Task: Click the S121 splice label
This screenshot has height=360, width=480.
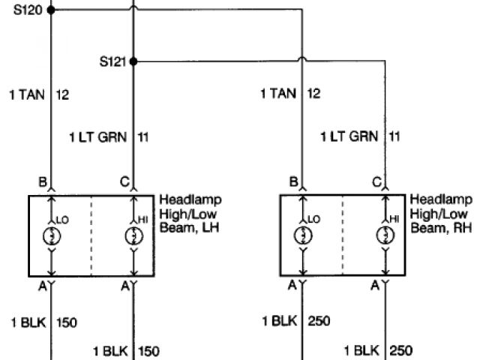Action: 113,60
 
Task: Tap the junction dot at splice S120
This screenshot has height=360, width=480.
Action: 50,10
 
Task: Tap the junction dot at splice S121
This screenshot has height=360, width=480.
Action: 133,61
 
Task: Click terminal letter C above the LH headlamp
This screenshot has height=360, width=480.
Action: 124,181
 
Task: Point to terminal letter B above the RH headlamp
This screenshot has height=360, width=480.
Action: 293,181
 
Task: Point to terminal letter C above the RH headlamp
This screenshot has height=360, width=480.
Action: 376,181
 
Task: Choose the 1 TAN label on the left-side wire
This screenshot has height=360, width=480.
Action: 26,94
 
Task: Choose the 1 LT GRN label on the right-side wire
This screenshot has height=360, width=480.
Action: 349,137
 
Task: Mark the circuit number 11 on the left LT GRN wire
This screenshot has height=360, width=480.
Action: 143,137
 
